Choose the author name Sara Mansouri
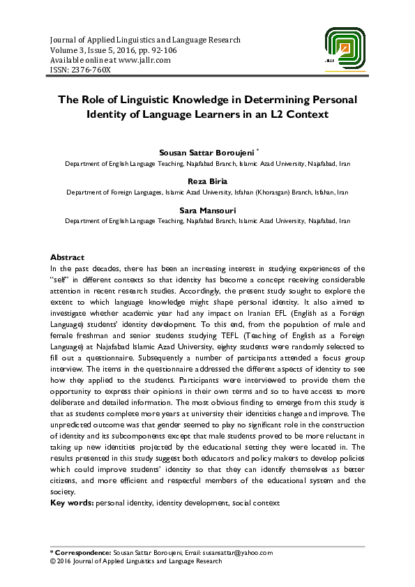click(x=207, y=208)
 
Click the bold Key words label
click(x=72, y=502)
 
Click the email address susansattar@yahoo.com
click(x=242, y=553)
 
